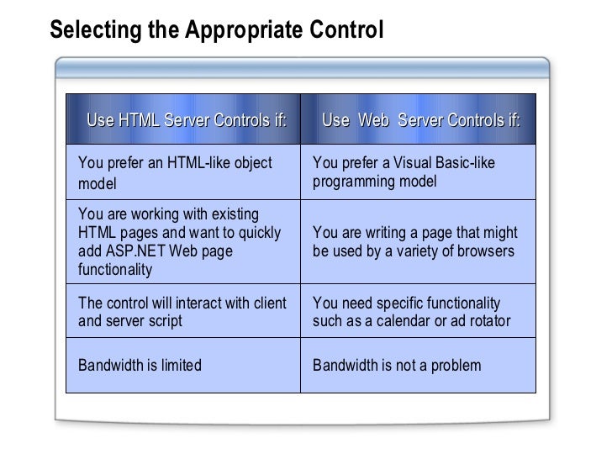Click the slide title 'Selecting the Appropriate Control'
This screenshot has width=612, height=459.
pyautogui.click(x=216, y=30)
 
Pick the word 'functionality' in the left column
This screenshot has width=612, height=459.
pyautogui.click(x=114, y=270)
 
